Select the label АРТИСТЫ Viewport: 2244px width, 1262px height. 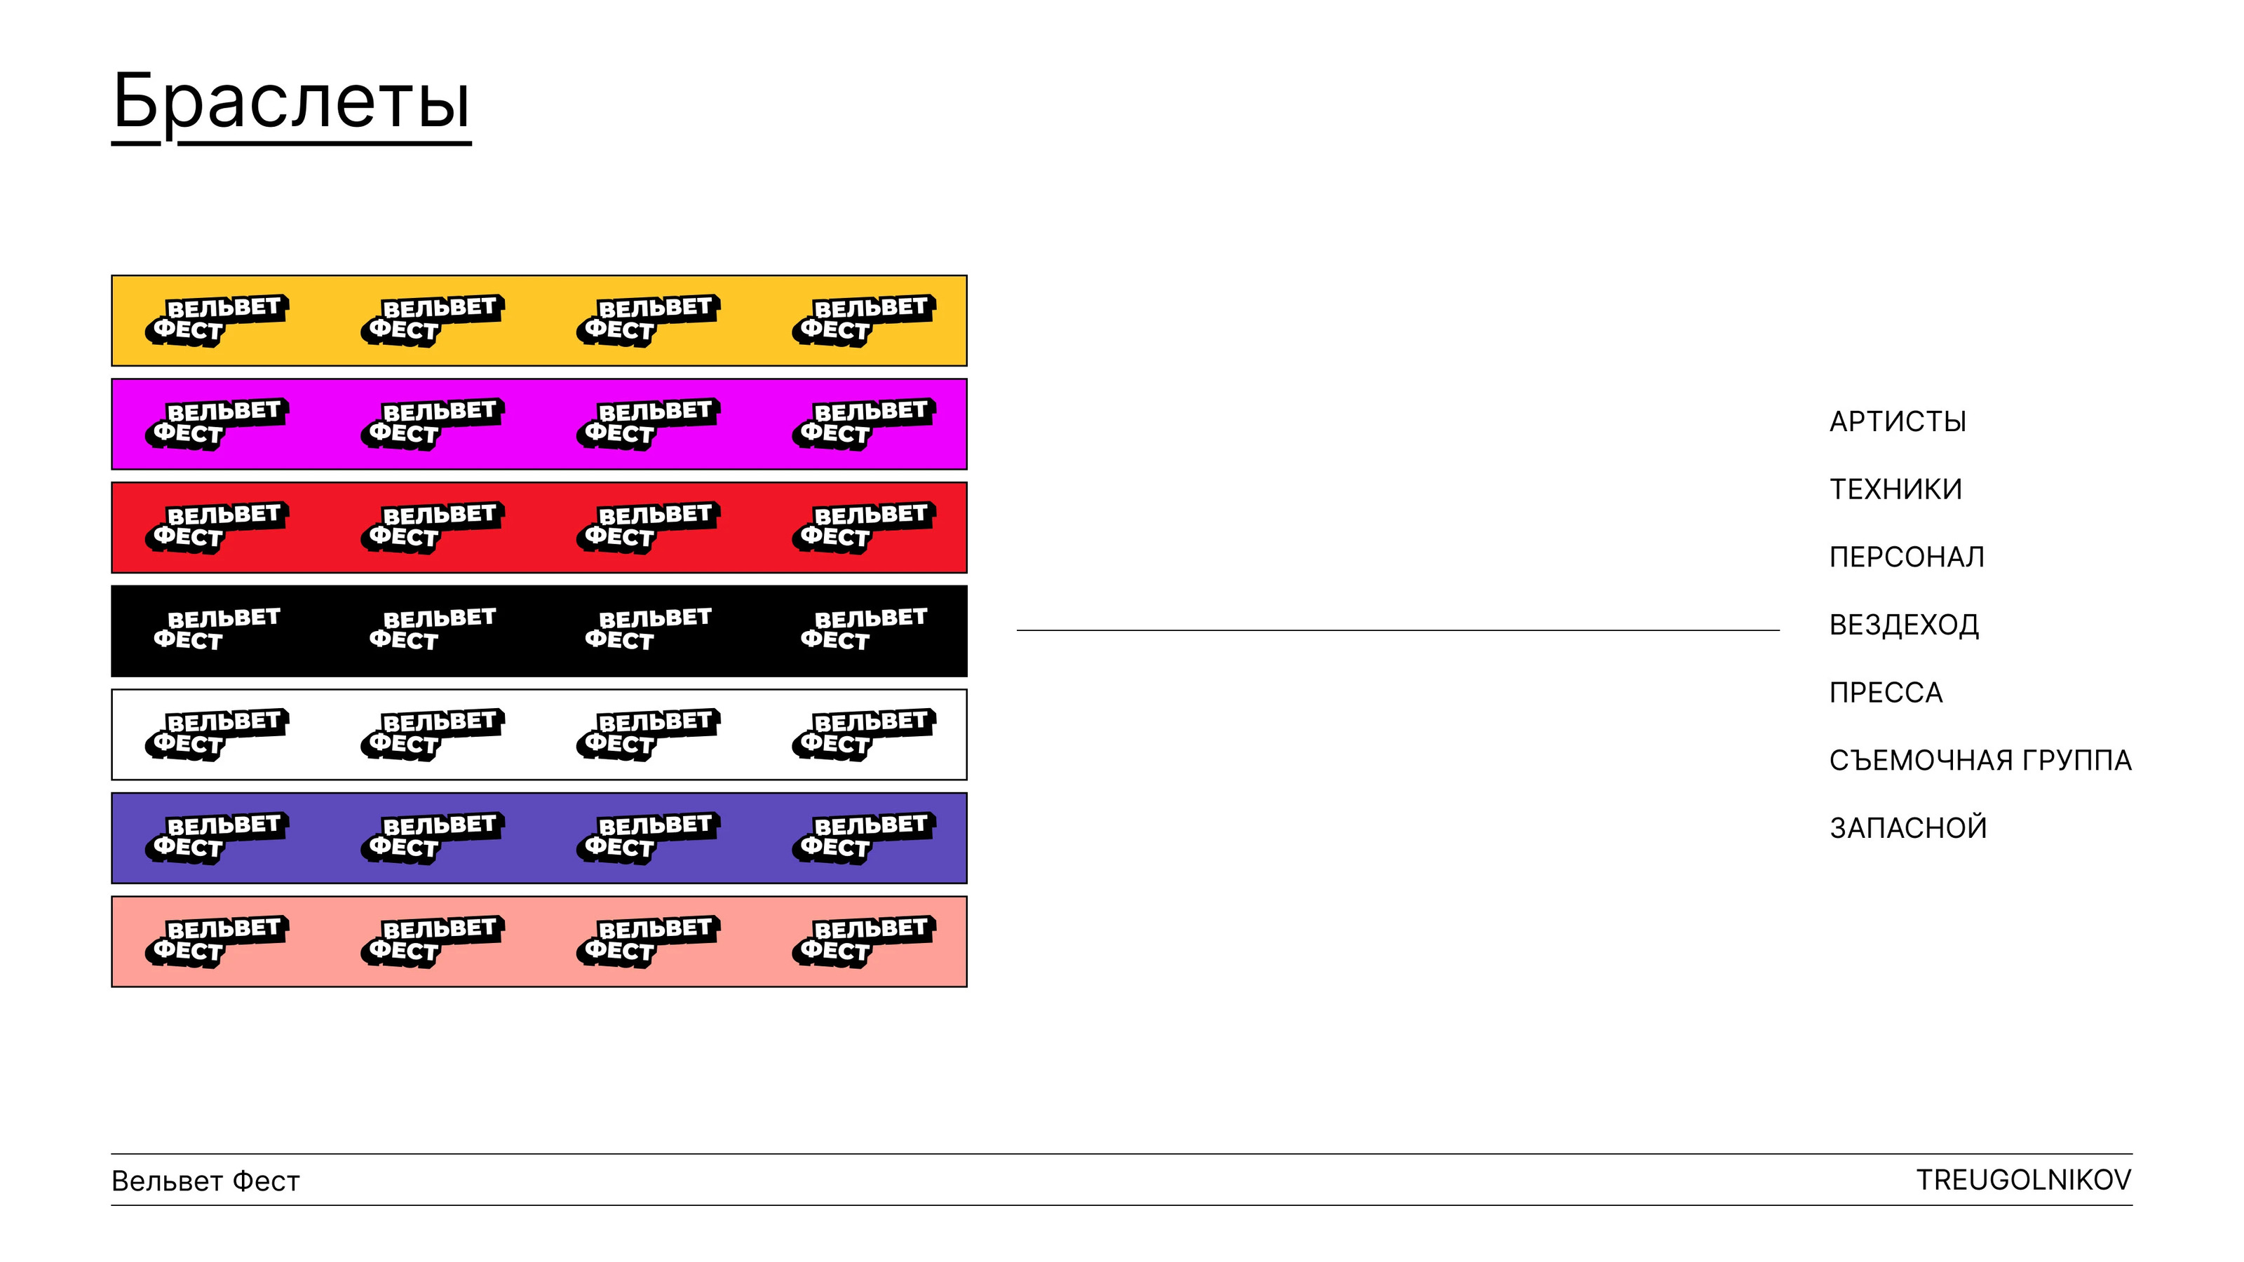click(x=1898, y=421)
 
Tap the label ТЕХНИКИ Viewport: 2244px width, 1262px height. click(x=1895, y=489)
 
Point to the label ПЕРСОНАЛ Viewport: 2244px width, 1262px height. click(x=1907, y=557)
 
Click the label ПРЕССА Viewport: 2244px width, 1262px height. click(x=1886, y=693)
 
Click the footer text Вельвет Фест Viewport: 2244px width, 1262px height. click(x=205, y=1181)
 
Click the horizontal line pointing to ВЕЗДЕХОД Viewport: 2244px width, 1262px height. click(x=1398, y=630)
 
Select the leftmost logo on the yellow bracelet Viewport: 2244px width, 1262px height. click(x=216, y=320)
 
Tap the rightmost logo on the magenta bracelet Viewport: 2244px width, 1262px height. click(x=863, y=424)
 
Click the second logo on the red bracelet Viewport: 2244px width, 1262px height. click(x=432, y=528)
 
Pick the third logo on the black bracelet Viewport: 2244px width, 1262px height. click(x=647, y=630)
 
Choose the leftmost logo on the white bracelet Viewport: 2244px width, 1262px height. click(x=216, y=734)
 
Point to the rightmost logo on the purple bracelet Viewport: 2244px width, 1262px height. click(x=863, y=838)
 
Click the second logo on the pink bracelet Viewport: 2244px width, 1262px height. click(x=432, y=942)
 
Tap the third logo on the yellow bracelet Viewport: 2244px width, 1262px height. click(x=647, y=320)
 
